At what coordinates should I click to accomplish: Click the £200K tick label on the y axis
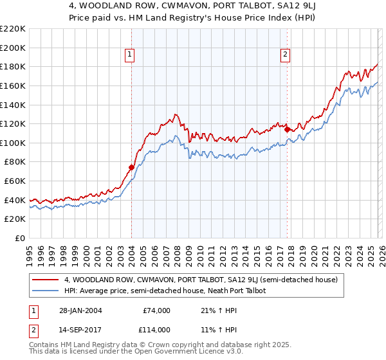click(x=13, y=48)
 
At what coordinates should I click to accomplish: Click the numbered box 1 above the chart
click(x=131, y=55)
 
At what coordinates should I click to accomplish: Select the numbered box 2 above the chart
click(x=284, y=55)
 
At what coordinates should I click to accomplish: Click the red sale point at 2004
click(x=131, y=167)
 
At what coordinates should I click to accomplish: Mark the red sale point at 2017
click(x=287, y=129)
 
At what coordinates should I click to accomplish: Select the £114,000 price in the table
click(x=156, y=329)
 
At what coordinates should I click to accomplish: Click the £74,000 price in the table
click(x=156, y=310)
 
